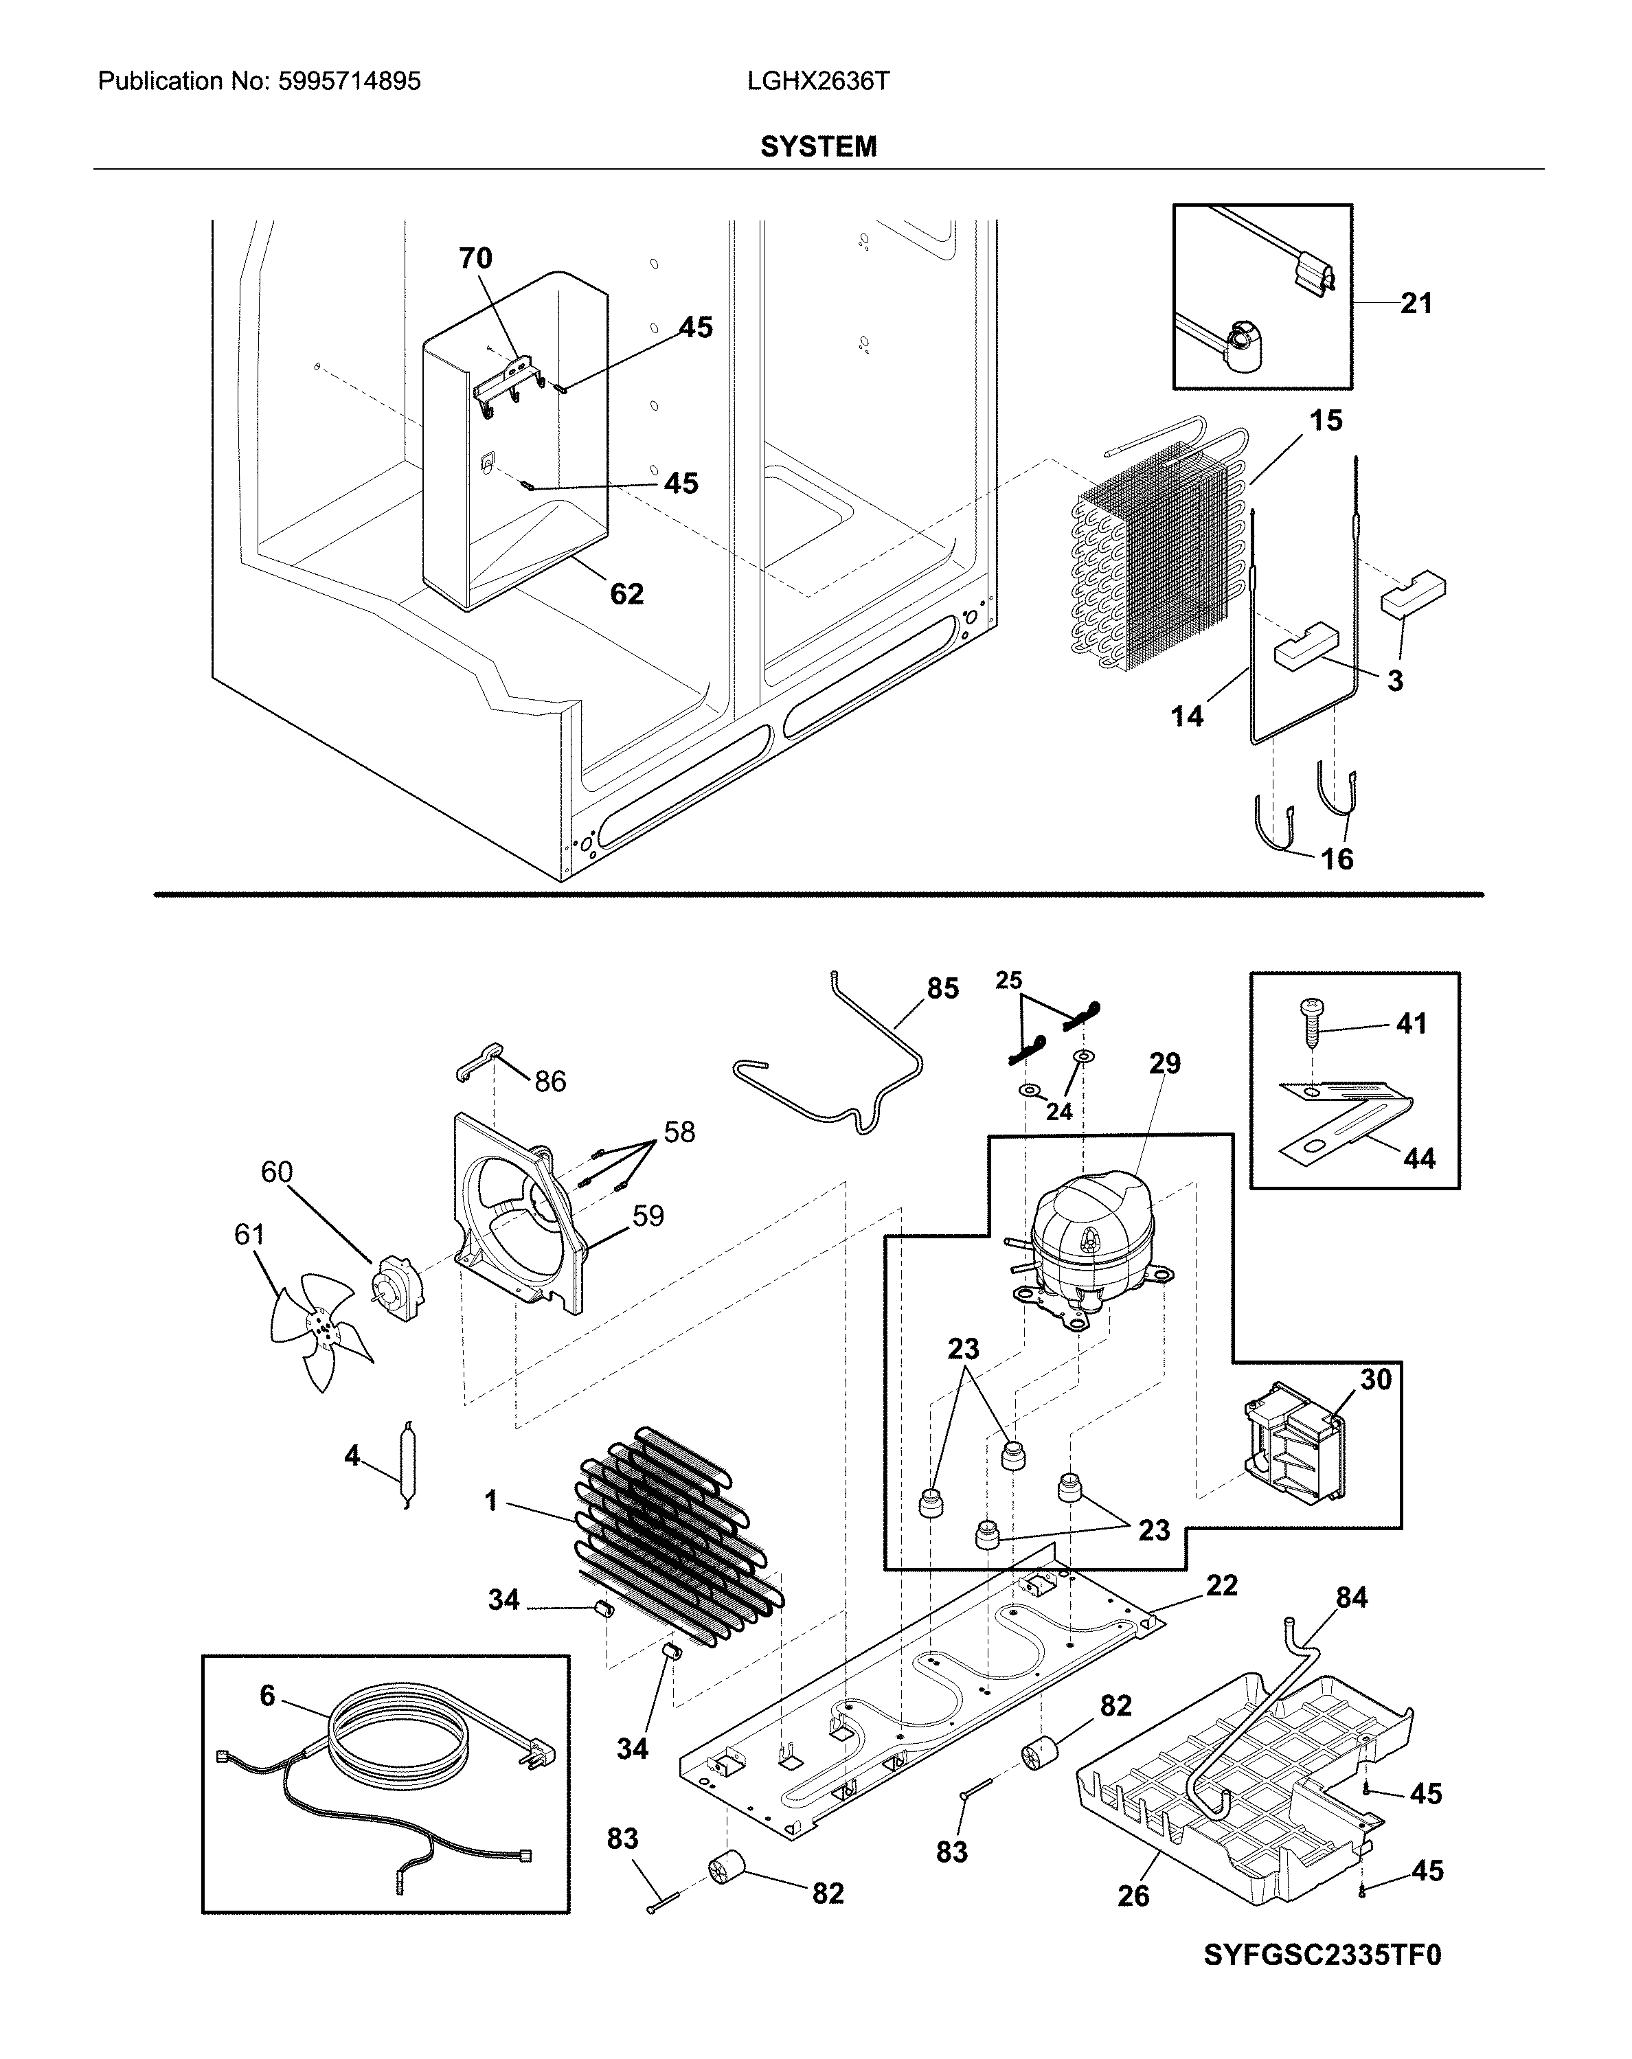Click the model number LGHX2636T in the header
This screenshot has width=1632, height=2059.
click(x=817, y=81)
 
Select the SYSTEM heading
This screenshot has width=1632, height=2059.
click(x=817, y=146)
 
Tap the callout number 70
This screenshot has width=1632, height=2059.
click(x=475, y=258)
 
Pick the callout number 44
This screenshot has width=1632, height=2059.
click(x=1418, y=1159)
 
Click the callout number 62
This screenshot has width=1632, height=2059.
click(x=626, y=594)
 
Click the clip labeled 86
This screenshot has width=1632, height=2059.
click(x=475, y=1060)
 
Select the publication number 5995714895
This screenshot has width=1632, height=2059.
click(x=350, y=81)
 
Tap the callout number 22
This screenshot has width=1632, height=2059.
click(x=1221, y=1585)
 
